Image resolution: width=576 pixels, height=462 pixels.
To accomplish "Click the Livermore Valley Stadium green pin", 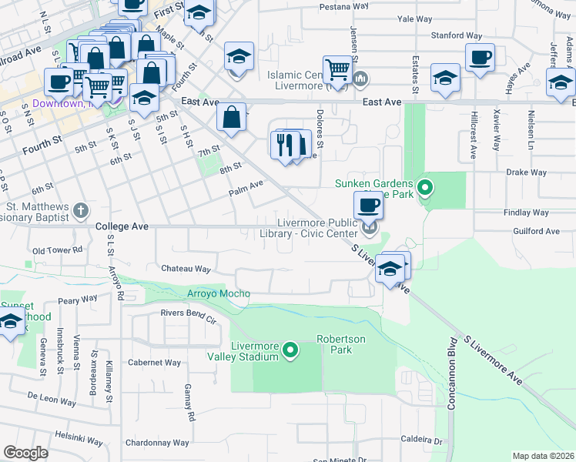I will click(290, 351).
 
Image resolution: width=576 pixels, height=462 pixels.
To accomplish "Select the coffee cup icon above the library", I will click(369, 206).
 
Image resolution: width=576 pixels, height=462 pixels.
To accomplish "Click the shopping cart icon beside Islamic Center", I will click(337, 69).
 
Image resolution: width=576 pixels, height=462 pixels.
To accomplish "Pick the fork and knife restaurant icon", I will click(284, 143).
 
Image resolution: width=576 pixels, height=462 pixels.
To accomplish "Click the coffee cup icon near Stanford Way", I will click(480, 58).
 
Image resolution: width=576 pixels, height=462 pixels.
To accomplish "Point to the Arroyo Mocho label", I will click(219, 293).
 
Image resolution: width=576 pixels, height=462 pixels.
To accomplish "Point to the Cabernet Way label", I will click(154, 362).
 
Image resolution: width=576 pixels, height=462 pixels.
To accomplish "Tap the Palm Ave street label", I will click(246, 183).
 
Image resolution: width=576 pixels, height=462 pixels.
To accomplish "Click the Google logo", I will click(25, 453).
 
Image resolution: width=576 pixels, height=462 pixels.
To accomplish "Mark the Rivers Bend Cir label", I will click(189, 313).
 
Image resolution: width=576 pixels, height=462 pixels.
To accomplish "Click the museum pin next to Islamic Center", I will click(361, 78).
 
